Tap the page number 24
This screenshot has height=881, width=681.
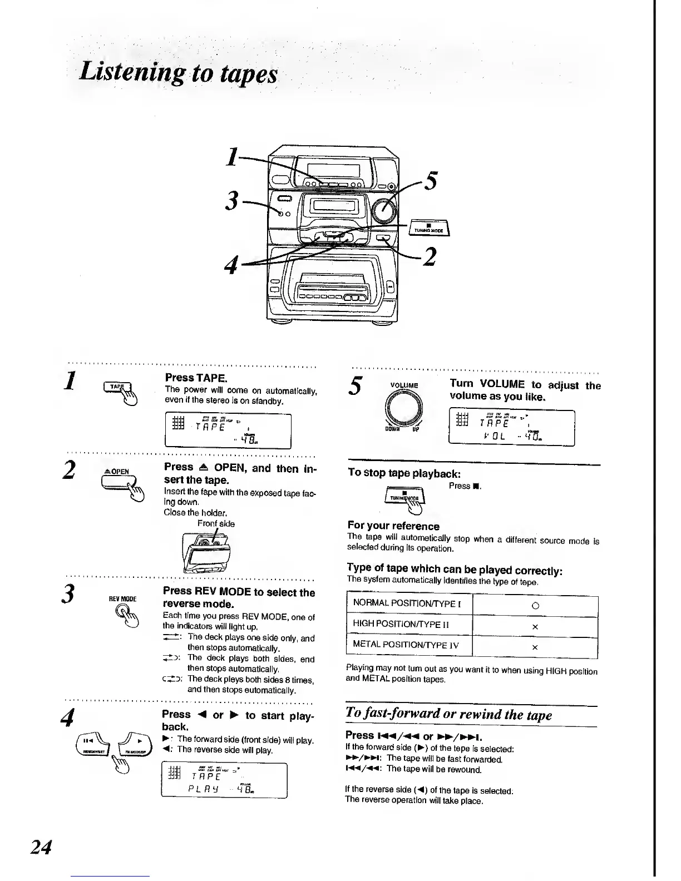pos(41,847)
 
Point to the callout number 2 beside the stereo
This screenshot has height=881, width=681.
pos(428,257)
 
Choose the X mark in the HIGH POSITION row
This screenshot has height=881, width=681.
pos(535,627)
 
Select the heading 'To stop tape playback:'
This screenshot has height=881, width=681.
pos(404,473)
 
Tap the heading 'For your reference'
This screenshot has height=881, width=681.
pos(393,526)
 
